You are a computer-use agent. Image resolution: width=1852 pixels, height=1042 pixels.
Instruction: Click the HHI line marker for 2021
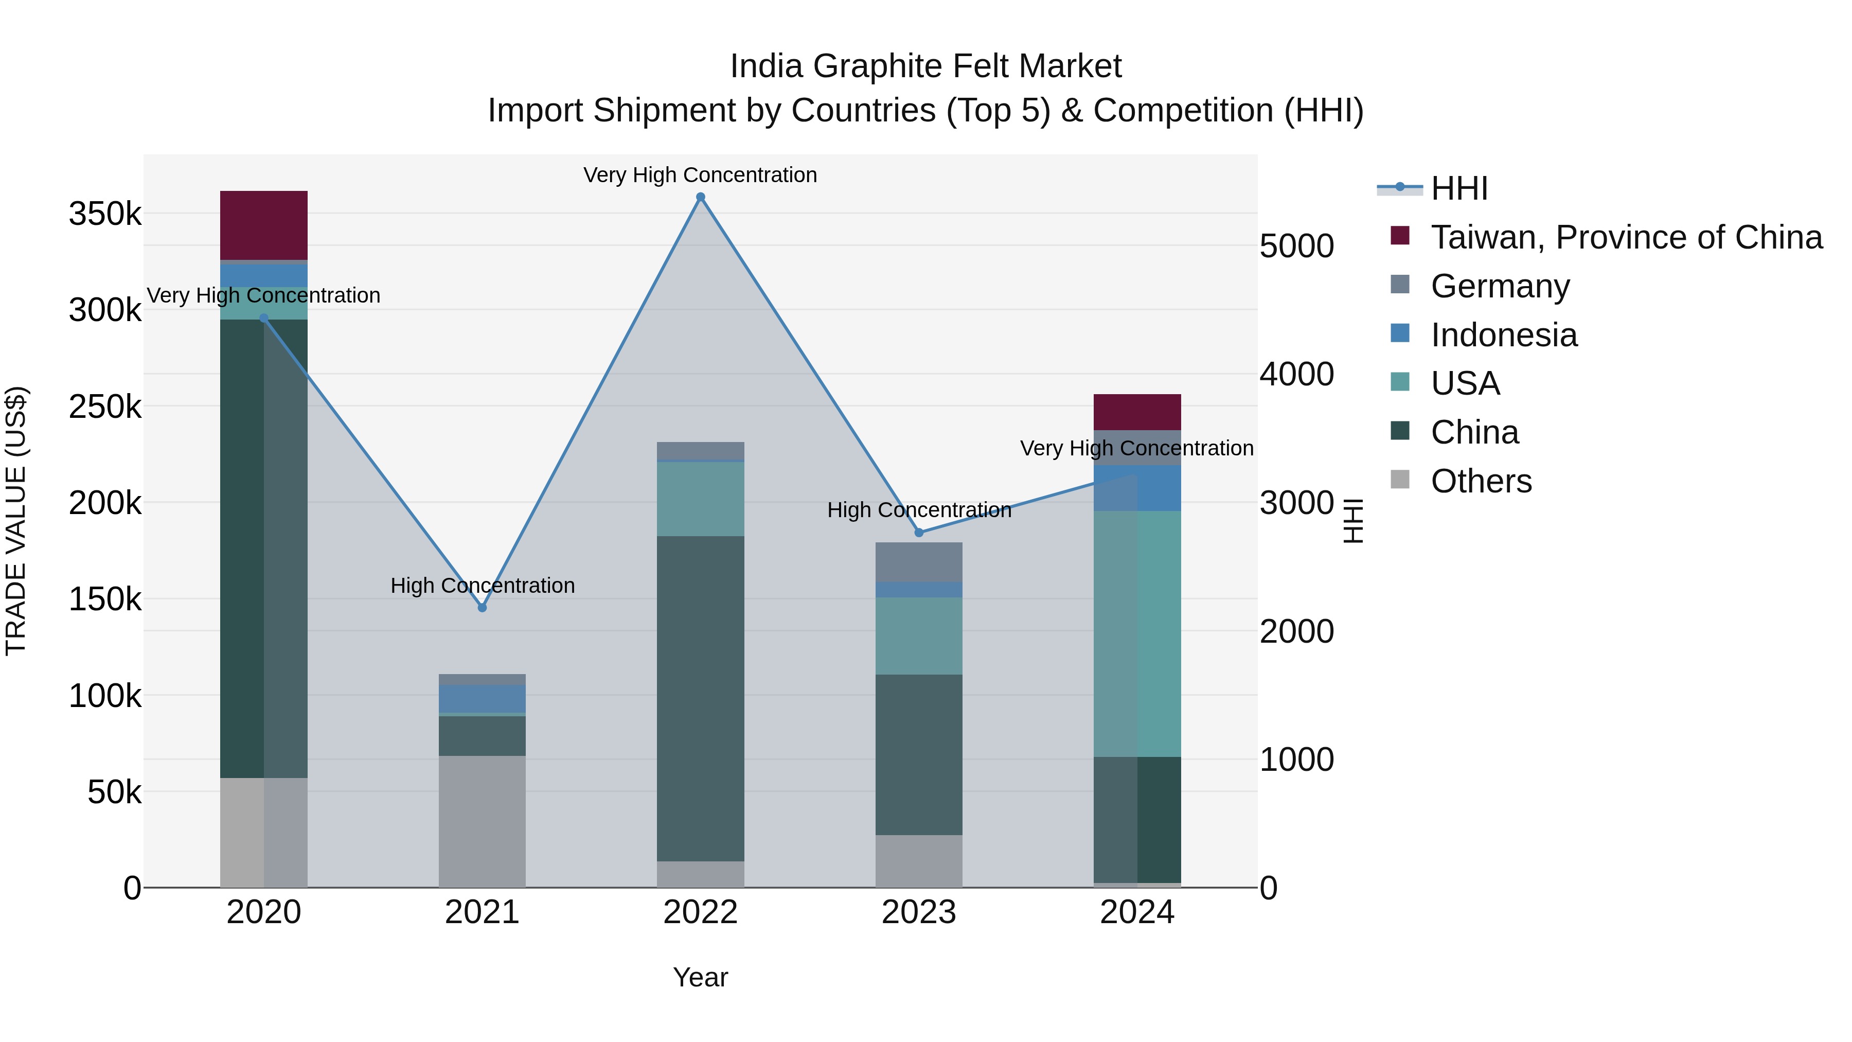[483, 608]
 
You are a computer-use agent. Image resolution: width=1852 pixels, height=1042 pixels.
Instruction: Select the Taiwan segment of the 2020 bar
[264, 225]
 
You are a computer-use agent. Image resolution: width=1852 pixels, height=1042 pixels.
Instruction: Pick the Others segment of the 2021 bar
[483, 821]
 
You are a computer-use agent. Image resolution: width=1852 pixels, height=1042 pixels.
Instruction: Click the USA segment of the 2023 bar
[919, 635]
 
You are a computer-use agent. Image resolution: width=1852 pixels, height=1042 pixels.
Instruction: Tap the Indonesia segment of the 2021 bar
[483, 699]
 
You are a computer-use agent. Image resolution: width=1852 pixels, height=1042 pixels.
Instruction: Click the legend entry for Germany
[1500, 286]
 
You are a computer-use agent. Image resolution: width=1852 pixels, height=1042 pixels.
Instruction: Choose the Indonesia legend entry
[1503, 335]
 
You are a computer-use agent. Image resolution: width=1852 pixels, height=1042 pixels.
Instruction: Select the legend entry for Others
[1481, 481]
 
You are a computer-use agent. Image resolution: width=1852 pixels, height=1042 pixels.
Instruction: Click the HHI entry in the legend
[1459, 188]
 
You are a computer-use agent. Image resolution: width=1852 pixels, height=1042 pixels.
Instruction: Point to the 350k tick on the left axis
[105, 214]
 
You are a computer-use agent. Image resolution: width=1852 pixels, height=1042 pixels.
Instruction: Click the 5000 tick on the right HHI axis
[1296, 246]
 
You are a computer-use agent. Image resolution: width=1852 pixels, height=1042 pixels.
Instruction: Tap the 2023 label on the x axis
[919, 912]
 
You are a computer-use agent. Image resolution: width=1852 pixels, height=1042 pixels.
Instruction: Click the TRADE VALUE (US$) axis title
[16, 521]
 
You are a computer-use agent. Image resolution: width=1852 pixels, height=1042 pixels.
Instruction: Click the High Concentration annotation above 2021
[483, 586]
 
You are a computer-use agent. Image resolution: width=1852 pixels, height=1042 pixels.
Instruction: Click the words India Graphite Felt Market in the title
[925, 66]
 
